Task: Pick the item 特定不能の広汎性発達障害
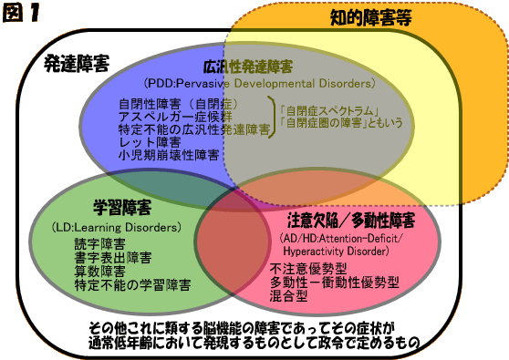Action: (193, 129)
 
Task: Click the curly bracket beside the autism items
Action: (275, 117)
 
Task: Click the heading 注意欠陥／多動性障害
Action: (350, 221)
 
